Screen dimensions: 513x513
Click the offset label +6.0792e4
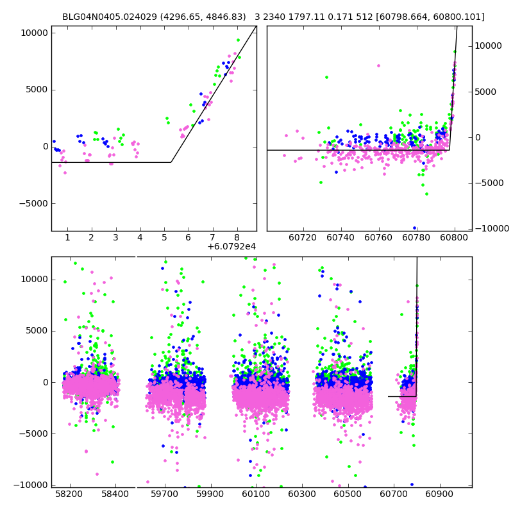[x=231, y=246]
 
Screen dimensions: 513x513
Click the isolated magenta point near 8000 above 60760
[x=378, y=65]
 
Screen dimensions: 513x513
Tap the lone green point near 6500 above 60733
[x=326, y=77]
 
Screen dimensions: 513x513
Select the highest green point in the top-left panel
[x=238, y=40]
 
